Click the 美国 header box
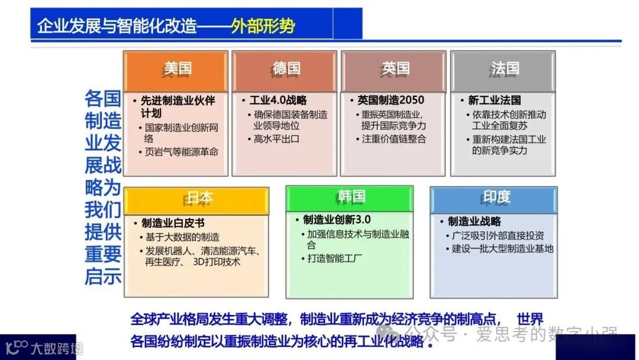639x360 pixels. (x=175, y=70)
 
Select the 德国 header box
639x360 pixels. (x=285, y=70)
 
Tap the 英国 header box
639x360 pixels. (x=393, y=70)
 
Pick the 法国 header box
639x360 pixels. (x=503, y=70)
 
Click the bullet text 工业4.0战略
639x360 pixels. (x=278, y=100)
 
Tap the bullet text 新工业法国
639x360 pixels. (x=494, y=100)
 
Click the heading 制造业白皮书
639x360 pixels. (x=173, y=223)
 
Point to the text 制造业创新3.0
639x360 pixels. (x=337, y=220)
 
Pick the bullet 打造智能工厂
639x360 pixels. (x=335, y=258)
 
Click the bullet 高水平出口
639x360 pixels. (x=276, y=139)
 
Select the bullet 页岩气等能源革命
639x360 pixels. (x=182, y=152)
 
